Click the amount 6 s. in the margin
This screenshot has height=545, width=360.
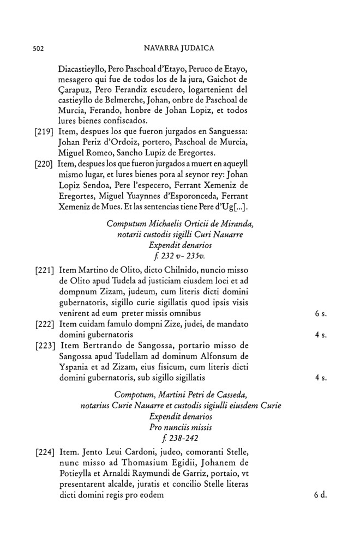(x=320, y=314)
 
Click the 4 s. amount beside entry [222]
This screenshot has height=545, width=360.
(x=320, y=335)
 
